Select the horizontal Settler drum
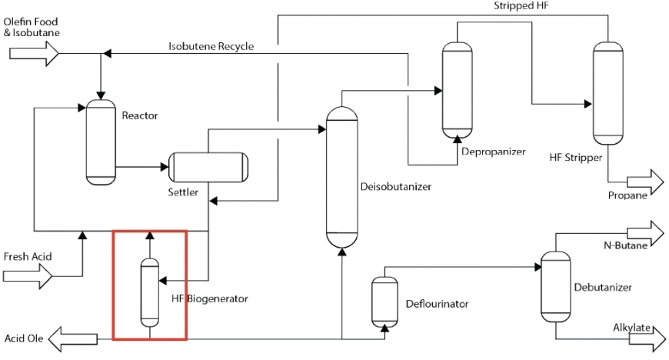209,166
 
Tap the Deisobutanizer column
342,176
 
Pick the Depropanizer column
456,89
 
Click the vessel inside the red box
149,294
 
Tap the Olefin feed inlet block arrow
34,53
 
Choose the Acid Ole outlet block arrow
74,338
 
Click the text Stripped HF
521,6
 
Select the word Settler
183,192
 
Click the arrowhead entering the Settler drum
164,166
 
